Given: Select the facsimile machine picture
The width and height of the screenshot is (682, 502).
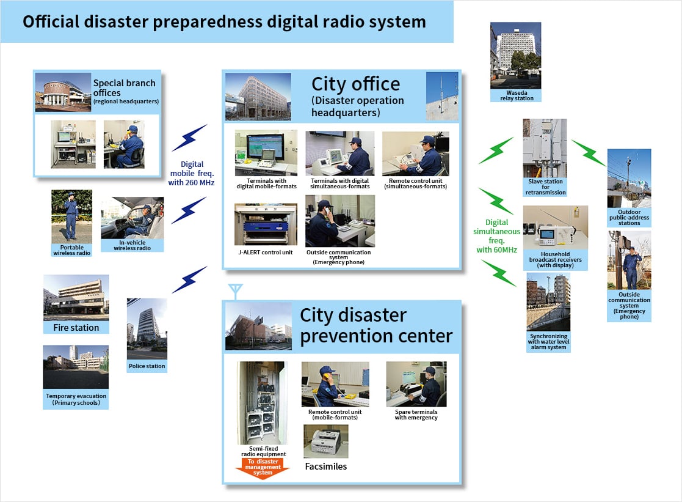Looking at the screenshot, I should point(326,441).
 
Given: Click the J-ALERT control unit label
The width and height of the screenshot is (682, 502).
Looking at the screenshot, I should point(266,253).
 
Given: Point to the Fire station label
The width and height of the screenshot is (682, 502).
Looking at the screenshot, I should point(76,328).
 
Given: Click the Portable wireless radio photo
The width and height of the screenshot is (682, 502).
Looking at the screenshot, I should point(71,215).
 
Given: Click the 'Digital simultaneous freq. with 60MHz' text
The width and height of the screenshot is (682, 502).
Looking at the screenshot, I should point(496,236).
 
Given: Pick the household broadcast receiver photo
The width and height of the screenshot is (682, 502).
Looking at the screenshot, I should point(555,227).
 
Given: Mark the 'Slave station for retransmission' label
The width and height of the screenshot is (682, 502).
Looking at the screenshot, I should point(545,187).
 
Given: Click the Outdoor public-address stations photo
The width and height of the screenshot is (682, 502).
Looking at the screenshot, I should point(629,178).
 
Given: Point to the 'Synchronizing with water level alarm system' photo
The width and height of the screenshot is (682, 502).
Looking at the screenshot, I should point(548,302).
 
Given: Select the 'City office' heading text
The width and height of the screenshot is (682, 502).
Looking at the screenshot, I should point(355,84).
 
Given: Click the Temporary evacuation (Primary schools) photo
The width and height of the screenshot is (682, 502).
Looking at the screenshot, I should point(76,367).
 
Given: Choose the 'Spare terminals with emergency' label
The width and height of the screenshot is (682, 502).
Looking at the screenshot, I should point(416,415).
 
